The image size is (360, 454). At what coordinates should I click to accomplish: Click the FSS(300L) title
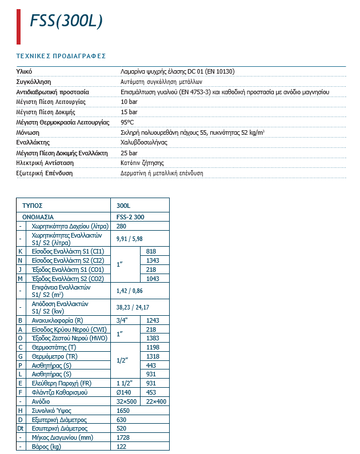[66, 21]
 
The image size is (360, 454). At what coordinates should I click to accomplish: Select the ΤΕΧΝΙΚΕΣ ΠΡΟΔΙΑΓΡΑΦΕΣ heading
[61, 56]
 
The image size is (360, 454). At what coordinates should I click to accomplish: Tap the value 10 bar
[129, 102]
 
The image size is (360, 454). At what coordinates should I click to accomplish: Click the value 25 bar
[129, 153]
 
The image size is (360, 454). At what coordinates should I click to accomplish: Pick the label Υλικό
[23, 71]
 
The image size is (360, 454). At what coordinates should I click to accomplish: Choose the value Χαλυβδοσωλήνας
[143, 143]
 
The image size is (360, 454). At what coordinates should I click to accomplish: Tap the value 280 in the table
[121, 227]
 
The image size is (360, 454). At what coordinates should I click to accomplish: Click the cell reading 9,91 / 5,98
[129, 238]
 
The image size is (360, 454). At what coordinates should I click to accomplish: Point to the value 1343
[152, 260]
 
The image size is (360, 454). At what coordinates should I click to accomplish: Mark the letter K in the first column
[20, 251]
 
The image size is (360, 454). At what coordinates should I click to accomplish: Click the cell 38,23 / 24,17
[133, 308]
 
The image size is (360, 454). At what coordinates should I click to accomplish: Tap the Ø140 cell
[124, 392]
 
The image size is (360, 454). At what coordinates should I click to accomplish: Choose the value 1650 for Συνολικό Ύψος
[123, 411]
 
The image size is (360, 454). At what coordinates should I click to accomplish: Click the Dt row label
[21, 428]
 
